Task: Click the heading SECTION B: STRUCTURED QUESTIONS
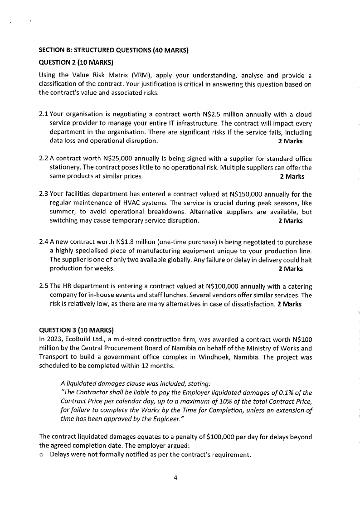tap(114, 50)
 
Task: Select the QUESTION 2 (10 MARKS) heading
tap(76, 62)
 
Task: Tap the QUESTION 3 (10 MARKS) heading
tap(76, 329)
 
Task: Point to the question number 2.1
tap(44, 114)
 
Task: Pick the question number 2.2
tap(44, 158)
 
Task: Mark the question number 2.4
tap(44, 242)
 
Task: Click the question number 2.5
tap(44, 286)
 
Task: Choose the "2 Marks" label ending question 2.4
tap(290, 269)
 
